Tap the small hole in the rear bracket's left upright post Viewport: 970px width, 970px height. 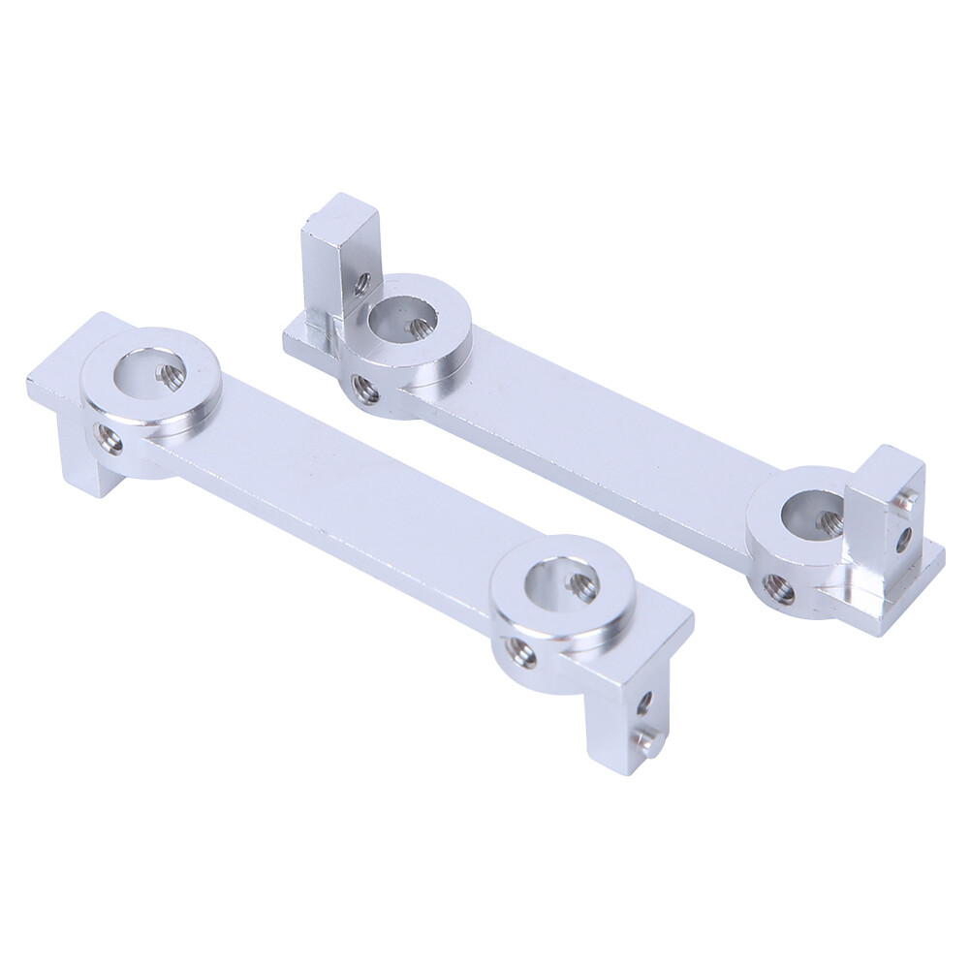pyautogui.click(x=361, y=284)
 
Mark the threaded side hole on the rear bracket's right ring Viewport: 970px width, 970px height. pyautogui.click(x=778, y=588)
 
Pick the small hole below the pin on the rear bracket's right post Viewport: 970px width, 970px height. pyautogui.click(x=902, y=537)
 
